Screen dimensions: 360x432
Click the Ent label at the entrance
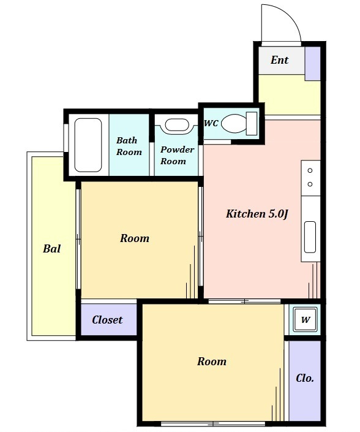tap(279, 60)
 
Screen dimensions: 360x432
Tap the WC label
tap(211, 123)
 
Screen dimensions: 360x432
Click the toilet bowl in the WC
tap(234, 123)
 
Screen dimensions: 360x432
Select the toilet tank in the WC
tap(251, 123)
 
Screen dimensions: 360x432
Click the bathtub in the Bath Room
tap(88, 145)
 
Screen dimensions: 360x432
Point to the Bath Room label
tap(129, 146)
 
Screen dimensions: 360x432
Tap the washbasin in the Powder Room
tap(177, 125)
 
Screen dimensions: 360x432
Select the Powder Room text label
tap(177, 155)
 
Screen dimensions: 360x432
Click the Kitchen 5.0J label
tap(257, 214)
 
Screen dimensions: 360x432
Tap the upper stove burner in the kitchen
tap(310, 170)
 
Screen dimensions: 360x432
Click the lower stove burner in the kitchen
tap(310, 184)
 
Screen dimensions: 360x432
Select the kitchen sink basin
tap(310, 237)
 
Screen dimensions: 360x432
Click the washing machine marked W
tap(306, 320)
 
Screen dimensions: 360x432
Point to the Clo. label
tap(305, 378)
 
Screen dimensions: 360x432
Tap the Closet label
tap(107, 320)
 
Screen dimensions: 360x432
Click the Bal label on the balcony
tap(52, 249)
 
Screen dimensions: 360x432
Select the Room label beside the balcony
tap(135, 238)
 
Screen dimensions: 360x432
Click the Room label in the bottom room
tap(212, 362)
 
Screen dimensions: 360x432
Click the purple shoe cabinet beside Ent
tap(313, 64)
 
